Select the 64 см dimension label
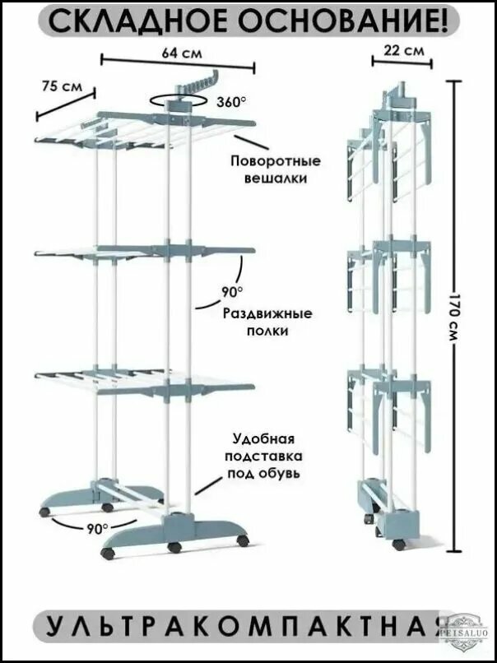[182, 53]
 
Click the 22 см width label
[404, 51]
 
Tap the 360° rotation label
[231, 102]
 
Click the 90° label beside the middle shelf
[232, 291]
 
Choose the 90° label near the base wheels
[98, 528]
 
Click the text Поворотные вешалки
[276, 169]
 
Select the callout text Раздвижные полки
[267, 322]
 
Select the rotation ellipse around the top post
[178, 101]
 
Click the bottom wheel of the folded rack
[398, 545]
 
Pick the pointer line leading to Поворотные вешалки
[251, 142]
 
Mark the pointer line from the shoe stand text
[208, 485]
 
